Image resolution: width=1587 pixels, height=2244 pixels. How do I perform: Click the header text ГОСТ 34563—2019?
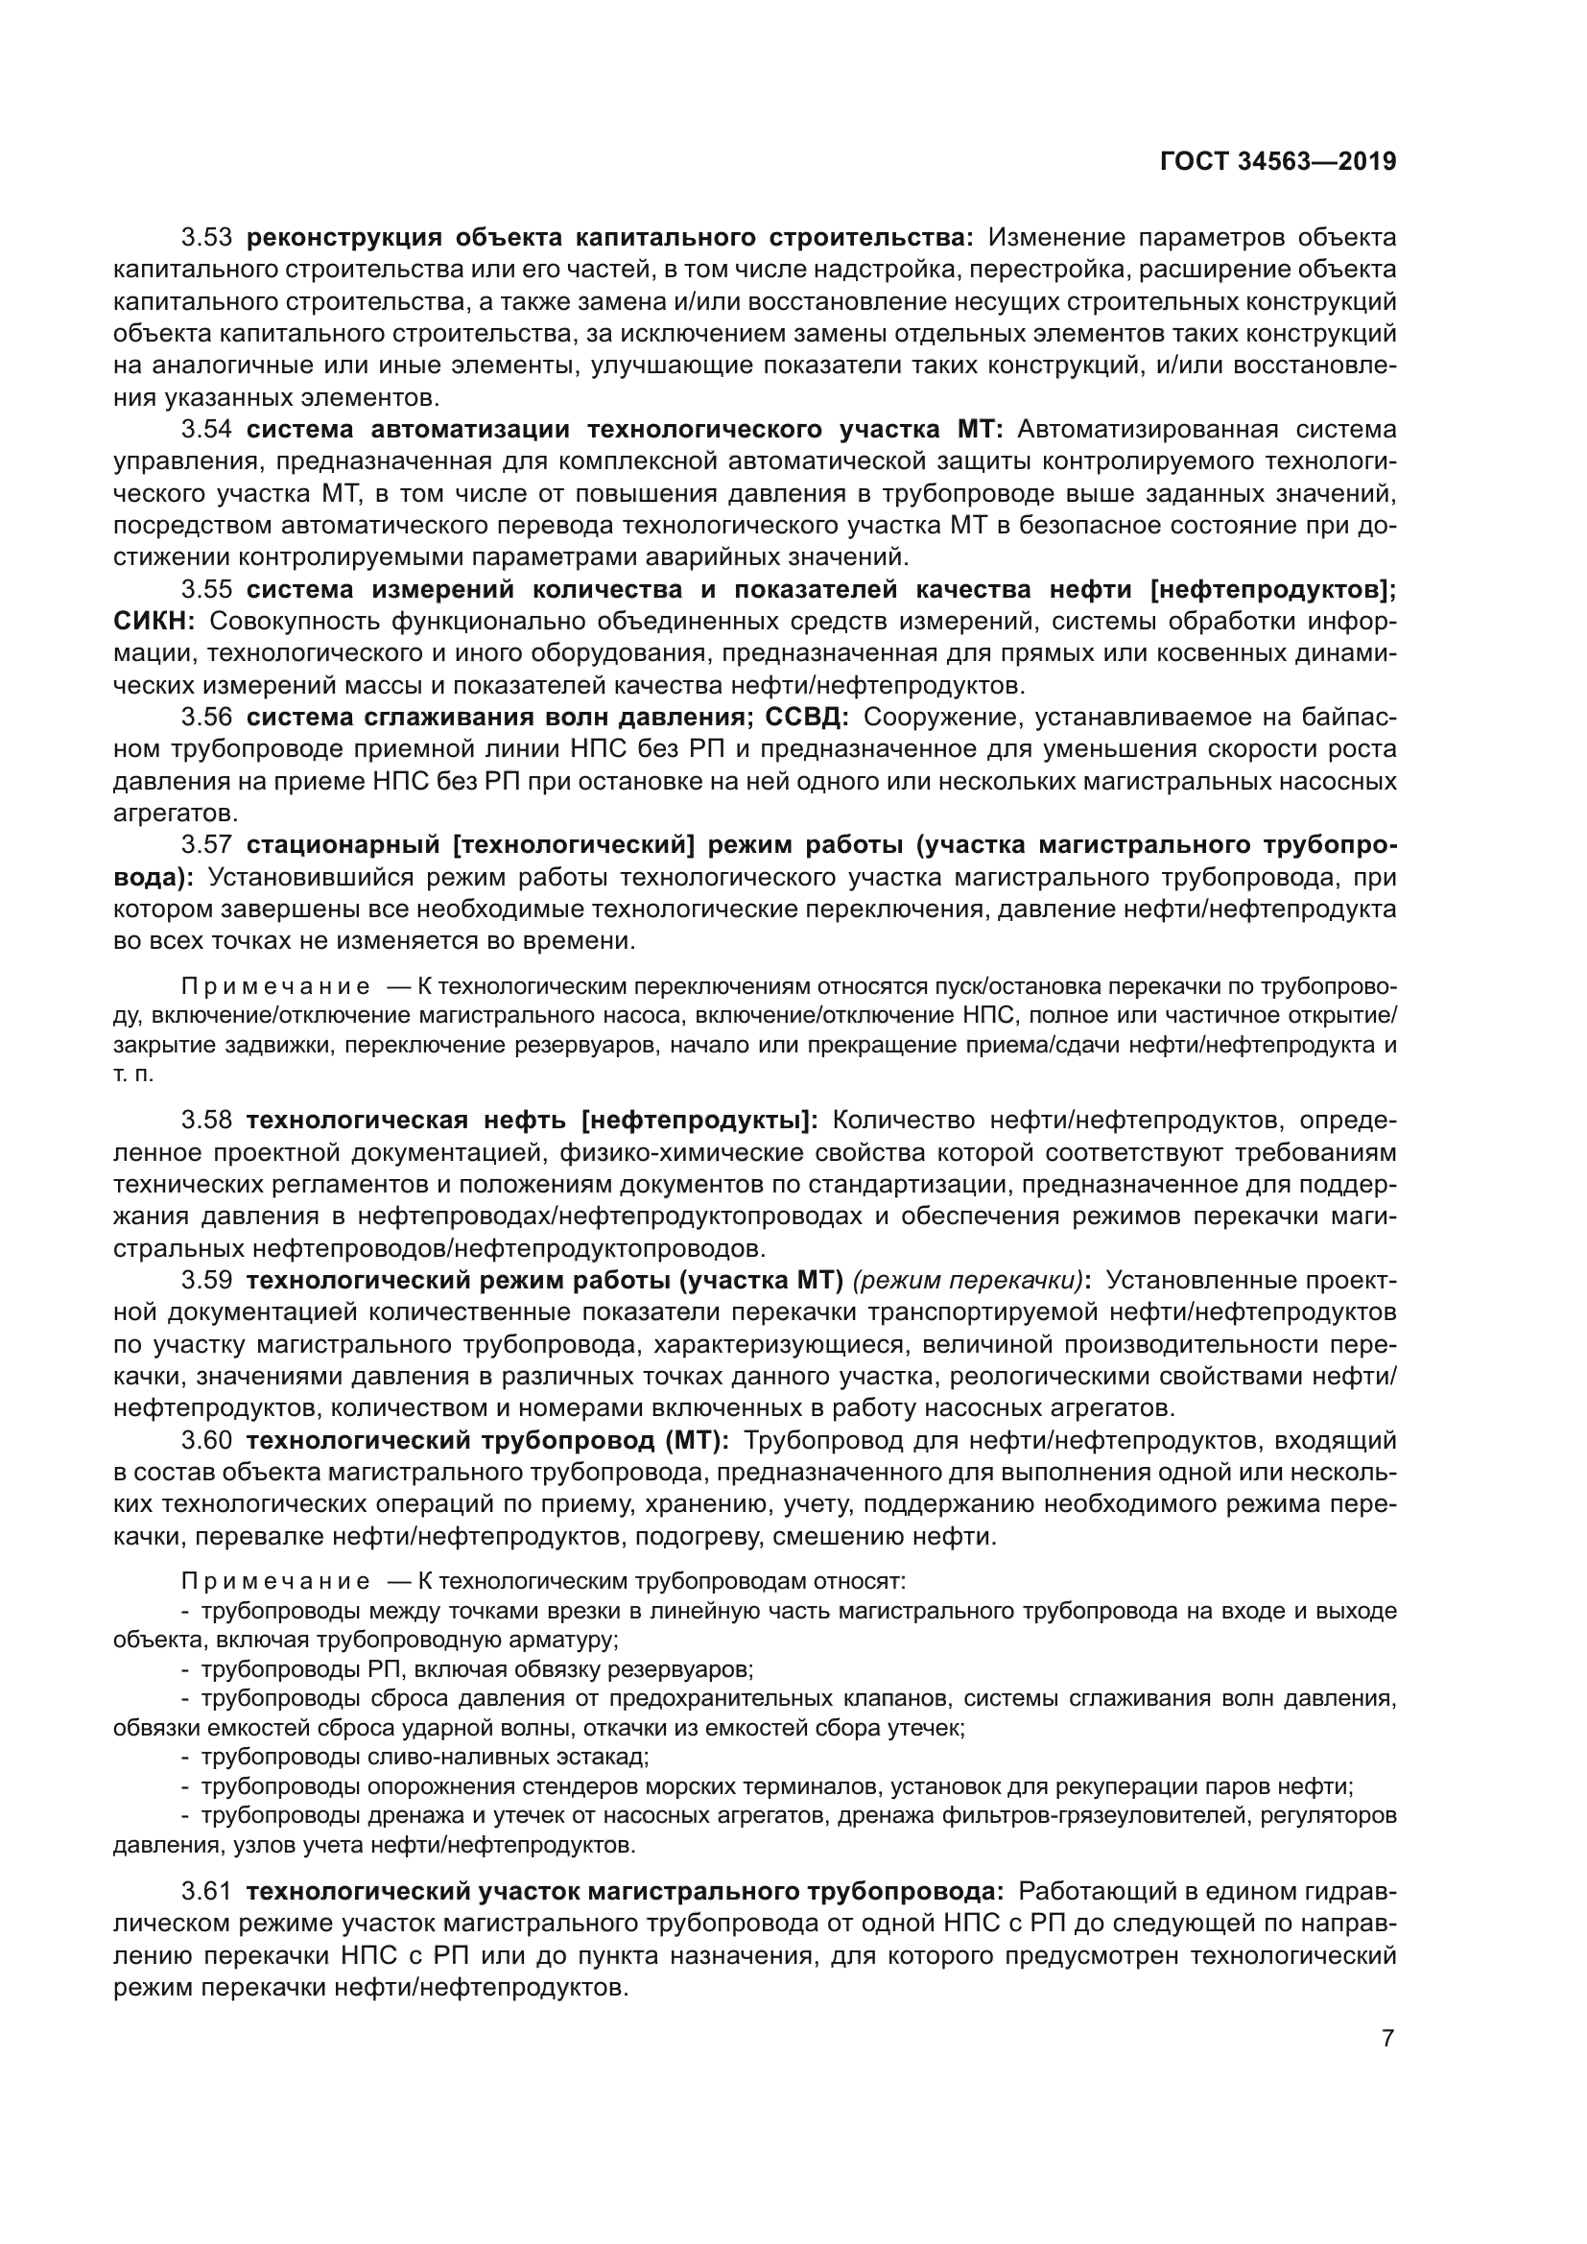coord(1277,161)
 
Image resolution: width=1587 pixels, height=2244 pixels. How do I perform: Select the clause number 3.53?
coord(206,238)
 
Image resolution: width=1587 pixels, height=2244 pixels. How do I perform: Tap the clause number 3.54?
coord(206,429)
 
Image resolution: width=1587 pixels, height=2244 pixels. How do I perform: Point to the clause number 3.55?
coord(206,589)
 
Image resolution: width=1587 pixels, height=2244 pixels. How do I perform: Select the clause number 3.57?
coord(206,844)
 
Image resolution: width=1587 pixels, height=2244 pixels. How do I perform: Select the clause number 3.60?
coord(206,1440)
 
